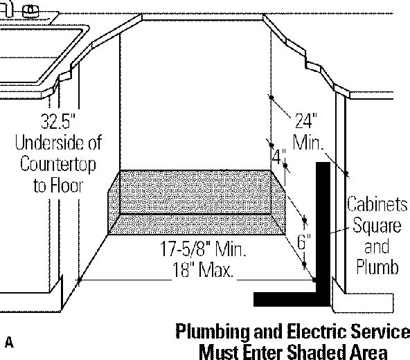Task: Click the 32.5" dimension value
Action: tap(58, 120)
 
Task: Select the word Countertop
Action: tap(57, 165)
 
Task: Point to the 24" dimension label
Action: tap(306, 120)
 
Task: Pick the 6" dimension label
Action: tap(304, 242)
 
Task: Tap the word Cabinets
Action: tap(377, 204)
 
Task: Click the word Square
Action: tap(377, 226)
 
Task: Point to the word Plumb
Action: tap(377, 267)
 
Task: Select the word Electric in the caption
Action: tap(317, 331)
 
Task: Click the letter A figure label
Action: tap(9, 342)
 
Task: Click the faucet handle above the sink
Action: tap(31, 11)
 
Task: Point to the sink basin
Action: tap(39, 55)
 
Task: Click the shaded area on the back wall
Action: tap(195, 192)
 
